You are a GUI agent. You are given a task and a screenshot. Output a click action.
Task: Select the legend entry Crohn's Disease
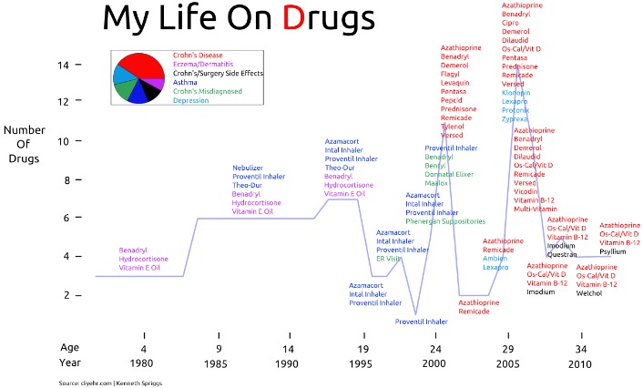198,55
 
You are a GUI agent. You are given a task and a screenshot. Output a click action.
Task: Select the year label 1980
143,363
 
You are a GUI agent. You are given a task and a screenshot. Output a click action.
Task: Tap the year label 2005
507,363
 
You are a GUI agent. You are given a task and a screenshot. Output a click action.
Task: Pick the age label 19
362,347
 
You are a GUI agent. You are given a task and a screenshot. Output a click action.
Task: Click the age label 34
580,347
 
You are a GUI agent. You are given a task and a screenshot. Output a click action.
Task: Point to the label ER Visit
390,259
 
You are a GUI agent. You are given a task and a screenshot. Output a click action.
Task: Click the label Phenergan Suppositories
445,221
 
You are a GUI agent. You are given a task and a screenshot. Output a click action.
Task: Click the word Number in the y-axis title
25,130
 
